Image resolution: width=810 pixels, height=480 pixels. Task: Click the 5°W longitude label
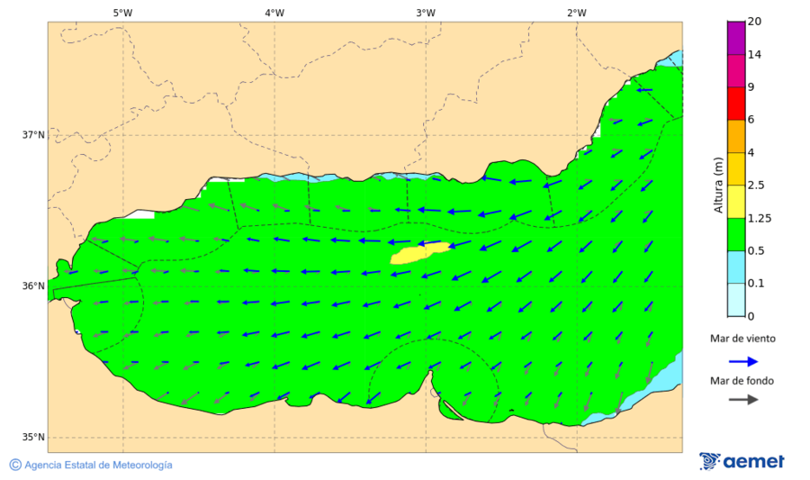point(122,13)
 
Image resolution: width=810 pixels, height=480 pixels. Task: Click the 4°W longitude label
point(274,13)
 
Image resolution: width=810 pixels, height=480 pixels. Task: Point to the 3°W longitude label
point(426,13)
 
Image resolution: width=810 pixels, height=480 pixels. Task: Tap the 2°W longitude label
point(577,13)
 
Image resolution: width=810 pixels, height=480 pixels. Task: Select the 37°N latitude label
point(33,135)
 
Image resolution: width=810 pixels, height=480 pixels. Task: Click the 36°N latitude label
point(33,286)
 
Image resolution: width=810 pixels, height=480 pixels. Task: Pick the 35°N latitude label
point(33,438)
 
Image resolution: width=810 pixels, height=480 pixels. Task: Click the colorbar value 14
point(755,55)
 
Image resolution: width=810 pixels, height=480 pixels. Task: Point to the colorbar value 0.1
point(756,283)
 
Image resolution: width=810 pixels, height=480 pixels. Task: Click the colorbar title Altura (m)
point(717,185)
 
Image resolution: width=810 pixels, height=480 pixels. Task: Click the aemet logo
point(742,461)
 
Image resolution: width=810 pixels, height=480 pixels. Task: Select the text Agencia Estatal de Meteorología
point(98,465)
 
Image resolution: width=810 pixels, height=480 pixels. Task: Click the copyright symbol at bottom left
point(15,465)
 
